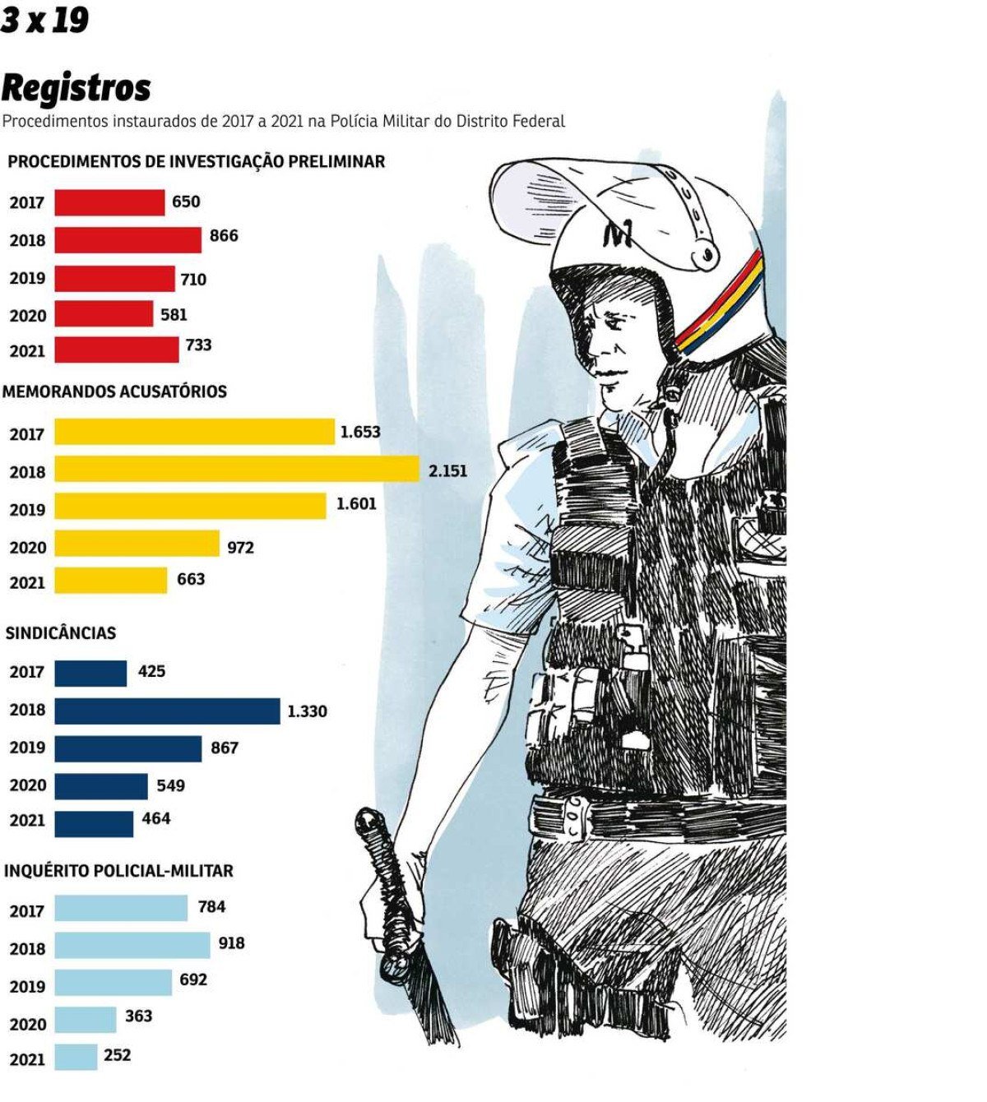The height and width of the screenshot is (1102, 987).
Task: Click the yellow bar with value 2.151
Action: (x=237, y=470)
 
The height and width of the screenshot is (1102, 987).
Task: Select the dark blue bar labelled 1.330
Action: (x=167, y=711)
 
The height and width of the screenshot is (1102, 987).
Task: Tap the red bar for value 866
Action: (x=127, y=239)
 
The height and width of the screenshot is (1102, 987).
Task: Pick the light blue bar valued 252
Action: (x=76, y=1058)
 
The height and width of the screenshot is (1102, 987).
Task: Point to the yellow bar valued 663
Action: (x=110, y=581)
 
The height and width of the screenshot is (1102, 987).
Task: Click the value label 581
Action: (x=174, y=314)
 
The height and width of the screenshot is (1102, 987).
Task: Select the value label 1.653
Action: (x=359, y=432)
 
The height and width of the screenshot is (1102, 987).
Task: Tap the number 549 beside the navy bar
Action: (x=171, y=785)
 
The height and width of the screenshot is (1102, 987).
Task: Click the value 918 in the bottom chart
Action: (x=231, y=943)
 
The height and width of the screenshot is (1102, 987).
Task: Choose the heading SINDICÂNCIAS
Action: (x=61, y=633)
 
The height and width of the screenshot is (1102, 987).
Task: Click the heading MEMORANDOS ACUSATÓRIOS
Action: (x=114, y=391)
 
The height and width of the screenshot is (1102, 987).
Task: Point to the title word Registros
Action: (x=76, y=88)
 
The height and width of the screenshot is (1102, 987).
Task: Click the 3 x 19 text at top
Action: (x=44, y=20)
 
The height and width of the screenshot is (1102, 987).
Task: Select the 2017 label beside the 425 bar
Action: (x=27, y=673)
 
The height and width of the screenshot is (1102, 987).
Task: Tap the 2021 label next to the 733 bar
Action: (x=27, y=351)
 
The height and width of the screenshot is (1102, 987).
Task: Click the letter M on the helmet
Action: (x=617, y=236)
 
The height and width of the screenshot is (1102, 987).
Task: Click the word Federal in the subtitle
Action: (x=539, y=122)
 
